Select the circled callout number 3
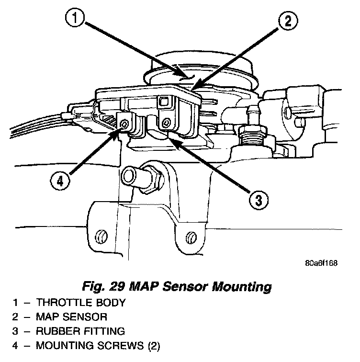pos(258,200)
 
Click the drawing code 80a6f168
pos(321,263)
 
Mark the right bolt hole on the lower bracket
pos(191,237)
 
